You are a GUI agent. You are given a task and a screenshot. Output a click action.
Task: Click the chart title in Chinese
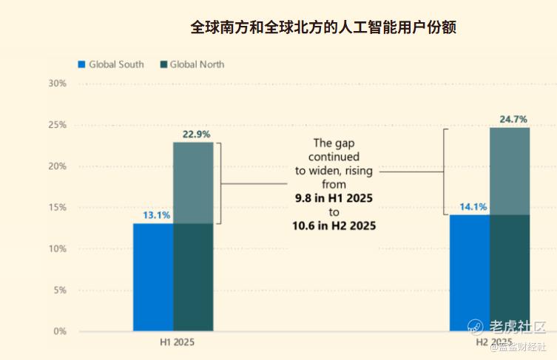click(323, 28)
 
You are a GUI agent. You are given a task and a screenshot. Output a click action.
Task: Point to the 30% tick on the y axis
click(57, 84)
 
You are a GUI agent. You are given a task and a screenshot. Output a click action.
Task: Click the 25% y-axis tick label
click(57, 125)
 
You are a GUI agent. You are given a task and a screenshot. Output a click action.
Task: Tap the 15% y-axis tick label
click(57, 208)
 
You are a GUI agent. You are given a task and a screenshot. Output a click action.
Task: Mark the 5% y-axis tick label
click(59, 291)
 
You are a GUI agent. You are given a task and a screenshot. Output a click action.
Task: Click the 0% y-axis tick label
click(59, 332)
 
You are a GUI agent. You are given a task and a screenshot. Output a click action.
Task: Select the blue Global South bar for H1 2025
click(153, 277)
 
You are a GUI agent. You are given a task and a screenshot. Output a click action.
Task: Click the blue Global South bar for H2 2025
click(470, 273)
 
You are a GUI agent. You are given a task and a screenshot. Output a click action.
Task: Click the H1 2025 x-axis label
click(178, 344)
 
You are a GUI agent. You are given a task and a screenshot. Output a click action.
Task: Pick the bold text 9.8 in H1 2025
click(333, 200)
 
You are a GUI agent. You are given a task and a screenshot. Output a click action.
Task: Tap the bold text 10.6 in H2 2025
click(334, 226)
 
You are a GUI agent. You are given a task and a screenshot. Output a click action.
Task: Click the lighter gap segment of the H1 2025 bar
click(193, 183)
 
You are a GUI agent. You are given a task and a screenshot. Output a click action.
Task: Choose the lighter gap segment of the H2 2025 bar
click(510, 171)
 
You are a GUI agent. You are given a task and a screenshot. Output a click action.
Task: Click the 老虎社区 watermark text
click(516, 327)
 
